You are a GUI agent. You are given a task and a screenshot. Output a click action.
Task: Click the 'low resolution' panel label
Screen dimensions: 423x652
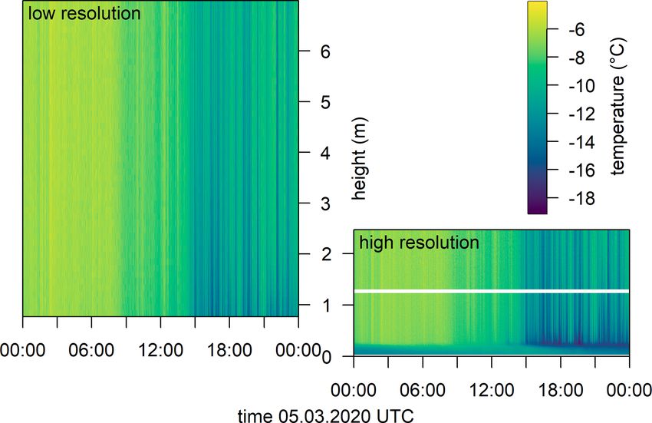point(84,14)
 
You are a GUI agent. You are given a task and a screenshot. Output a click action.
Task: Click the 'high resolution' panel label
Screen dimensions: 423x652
point(419,243)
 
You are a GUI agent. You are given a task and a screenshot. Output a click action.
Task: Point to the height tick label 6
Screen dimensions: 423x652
point(326,51)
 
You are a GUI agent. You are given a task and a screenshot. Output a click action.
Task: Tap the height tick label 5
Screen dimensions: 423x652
point(326,102)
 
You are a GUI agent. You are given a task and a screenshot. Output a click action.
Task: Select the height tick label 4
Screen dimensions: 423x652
point(326,153)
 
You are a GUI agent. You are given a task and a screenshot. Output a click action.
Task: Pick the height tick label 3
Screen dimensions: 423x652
point(326,203)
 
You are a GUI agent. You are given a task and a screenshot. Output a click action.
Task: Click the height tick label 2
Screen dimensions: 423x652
point(326,254)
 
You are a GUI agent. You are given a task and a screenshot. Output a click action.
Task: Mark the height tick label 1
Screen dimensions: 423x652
point(326,306)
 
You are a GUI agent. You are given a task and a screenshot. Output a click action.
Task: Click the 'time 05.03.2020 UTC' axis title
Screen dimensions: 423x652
point(326,415)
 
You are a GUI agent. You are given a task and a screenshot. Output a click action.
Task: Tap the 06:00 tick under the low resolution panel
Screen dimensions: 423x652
point(91,349)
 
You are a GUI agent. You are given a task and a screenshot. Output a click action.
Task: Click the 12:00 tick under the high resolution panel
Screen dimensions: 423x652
point(491,389)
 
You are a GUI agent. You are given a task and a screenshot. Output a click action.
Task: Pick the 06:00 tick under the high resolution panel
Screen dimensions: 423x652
point(423,389)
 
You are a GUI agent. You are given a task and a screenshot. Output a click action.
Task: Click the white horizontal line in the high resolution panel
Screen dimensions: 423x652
point(491,291)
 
